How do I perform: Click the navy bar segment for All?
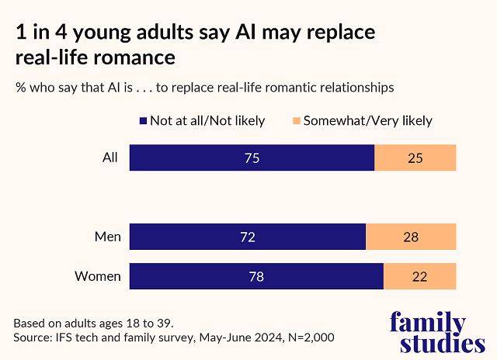click(252, 157)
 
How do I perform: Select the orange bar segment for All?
click(415, 157)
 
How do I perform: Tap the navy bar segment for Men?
click(247, 237)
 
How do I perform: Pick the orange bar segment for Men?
click(411, 237)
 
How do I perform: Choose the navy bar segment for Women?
click(256, 276)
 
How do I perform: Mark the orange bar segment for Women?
click(420, 276)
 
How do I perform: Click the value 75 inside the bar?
click(251, 157)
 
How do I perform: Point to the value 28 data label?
click(410, 237)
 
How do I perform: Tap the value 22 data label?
click(419, 276)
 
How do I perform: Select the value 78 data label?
click(255, 276)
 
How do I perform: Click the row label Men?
click(107, 237)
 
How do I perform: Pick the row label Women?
click(97, 276)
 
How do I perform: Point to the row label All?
click(110, 157)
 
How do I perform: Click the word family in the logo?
click(427, 321)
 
